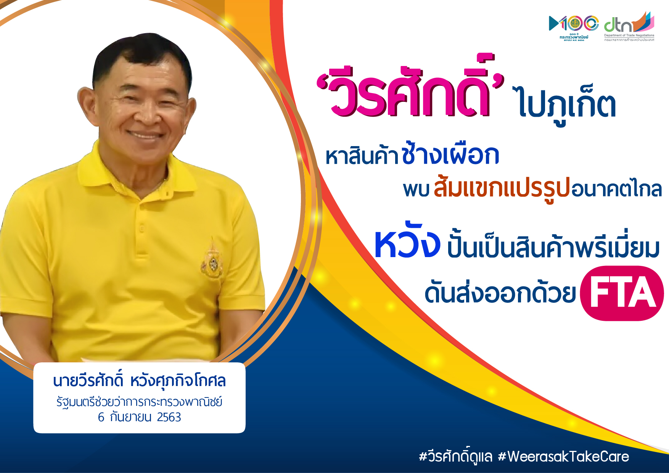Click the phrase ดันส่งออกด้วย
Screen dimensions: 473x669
coord(500,294)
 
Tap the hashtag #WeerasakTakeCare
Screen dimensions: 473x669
coord(564,456)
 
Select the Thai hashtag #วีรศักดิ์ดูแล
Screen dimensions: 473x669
coord(455,456)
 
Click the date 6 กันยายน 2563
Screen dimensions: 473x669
coord(139,417)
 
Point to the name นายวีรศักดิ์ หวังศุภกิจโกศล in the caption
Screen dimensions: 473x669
coord(139,381)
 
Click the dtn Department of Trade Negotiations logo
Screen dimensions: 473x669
coord(629,27)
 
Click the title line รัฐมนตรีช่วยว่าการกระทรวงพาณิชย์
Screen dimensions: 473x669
coord(139,402)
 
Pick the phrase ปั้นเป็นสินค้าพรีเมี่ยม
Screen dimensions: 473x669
coord(553,248)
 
